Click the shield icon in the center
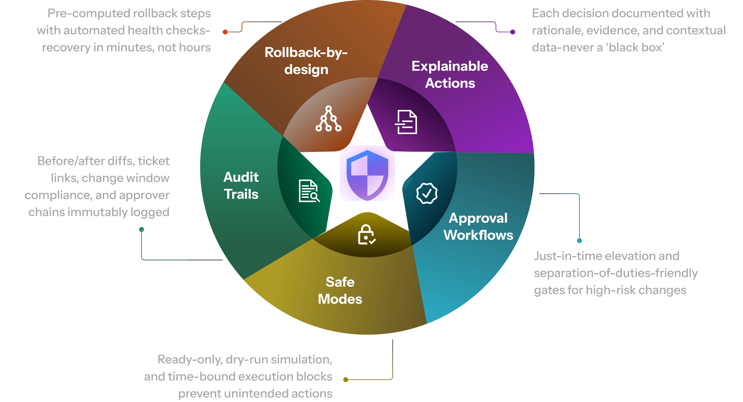367,175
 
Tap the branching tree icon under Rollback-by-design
328,119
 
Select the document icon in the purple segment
406,122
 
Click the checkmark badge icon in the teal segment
427,193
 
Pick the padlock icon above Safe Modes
367,235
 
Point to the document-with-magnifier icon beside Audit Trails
309,191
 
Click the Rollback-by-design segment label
306,61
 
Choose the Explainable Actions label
450,74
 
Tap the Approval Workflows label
478,226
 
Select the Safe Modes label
340,291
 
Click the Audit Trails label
241,185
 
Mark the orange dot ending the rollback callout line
225,32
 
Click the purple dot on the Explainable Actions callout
513,32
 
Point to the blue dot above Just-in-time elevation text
579,241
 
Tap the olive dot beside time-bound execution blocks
345,380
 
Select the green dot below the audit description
142,230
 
